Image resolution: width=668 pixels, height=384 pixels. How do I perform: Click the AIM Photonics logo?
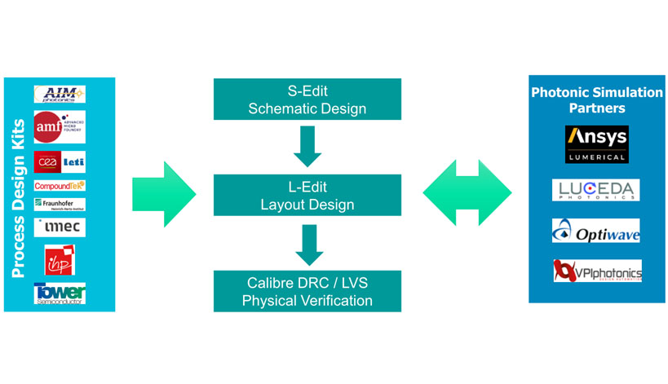pyautogui.click(x=60, y=95)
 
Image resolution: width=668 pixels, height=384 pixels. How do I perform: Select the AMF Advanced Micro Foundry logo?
pyautogui.click(x=60, y=127)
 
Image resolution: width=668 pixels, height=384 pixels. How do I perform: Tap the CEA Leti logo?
pyautogui.click(x=60, y=161)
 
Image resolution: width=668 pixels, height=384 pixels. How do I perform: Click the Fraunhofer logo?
pyautogui.click(x=60, y=205)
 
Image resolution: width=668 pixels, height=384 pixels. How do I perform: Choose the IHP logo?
pyautogui.click(x=60, y=260)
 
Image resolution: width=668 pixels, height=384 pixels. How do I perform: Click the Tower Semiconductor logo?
pyautogui.click(x=60, y=294)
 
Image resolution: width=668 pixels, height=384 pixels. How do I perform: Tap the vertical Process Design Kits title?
pyautogui.click(x=19, y=194)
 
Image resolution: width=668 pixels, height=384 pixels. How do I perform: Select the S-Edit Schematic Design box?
pyautogui.click(x=307, y=98)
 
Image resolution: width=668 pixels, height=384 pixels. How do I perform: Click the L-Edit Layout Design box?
pyautogui.click(x=307, y=193)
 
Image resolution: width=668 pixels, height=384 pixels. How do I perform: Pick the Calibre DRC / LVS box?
pyautogui.click(x=307, y=291)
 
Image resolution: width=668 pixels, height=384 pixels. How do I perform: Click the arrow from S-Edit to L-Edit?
pyautogui.click(x=307, y=144)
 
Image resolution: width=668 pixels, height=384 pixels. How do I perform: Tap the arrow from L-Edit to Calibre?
pyautogui.click(x=307, y=244)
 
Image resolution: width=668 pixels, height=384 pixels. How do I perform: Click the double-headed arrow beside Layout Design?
pyautogui.click(x=467, y=193)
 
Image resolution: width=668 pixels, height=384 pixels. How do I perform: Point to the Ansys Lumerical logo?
pyautogui.click(x=597, y=144)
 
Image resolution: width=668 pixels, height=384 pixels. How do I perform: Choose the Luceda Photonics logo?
pyautogui.click(x=596, y=191)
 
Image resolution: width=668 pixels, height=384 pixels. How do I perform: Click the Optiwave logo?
pyautogui.click(x=596, y=231)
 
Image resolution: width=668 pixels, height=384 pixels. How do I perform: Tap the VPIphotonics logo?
pyautogui.click(x=597, y=271)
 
